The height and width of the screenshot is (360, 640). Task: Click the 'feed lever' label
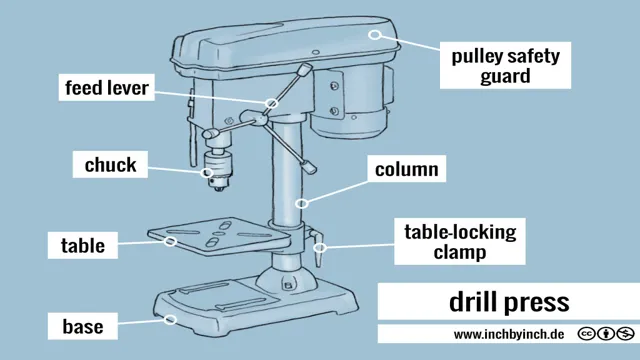[x=107, y=88]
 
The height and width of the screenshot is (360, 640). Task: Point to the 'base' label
[x=83, y=325]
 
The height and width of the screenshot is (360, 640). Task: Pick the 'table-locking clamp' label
[x=459, y=242]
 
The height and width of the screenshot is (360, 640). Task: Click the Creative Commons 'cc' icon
[x=587, y=334]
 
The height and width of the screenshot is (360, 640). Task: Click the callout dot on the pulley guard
[x=376, y=33]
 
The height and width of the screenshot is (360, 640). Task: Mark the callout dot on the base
[x=171, y=320]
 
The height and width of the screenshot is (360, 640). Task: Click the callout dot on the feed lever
[x=270, y=103]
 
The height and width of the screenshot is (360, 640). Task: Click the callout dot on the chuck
[x=209, y=170]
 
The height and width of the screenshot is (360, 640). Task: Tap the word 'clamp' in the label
[x=459, y=253]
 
